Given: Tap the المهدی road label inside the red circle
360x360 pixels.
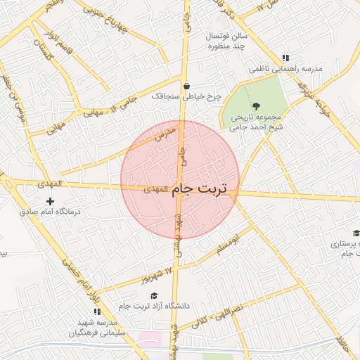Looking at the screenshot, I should (x=155, y=189).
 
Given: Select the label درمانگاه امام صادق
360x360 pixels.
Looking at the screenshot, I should (x=50, y=212).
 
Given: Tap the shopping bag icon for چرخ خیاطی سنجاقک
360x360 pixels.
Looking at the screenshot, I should (x=186, y=86).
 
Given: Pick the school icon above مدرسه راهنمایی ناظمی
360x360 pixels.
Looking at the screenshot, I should (x=285, y=58).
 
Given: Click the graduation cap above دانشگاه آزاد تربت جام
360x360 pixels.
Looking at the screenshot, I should (x=154, y=296).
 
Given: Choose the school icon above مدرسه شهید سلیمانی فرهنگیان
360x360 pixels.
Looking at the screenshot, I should (x=97, y=311).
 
